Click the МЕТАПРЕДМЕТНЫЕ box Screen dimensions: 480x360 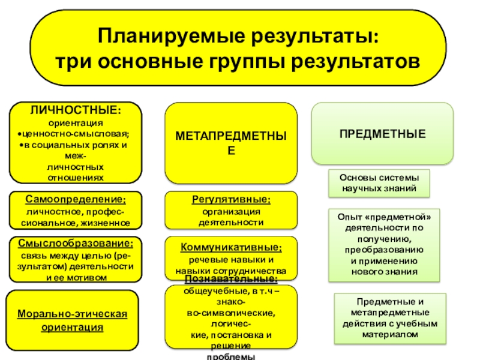[231, 143]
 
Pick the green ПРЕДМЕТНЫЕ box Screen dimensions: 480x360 [382, 133]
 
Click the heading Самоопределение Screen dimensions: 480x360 [76, 199]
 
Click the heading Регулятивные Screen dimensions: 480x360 [231, 199]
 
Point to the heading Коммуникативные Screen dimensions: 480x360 [231, 247]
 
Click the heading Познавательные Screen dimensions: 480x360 [231, 280]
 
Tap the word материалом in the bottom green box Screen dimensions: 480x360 [389, 334]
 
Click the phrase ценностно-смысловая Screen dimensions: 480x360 [76, 134]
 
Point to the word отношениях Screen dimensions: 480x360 [74, 178]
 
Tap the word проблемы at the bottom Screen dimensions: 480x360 [230, 356]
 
